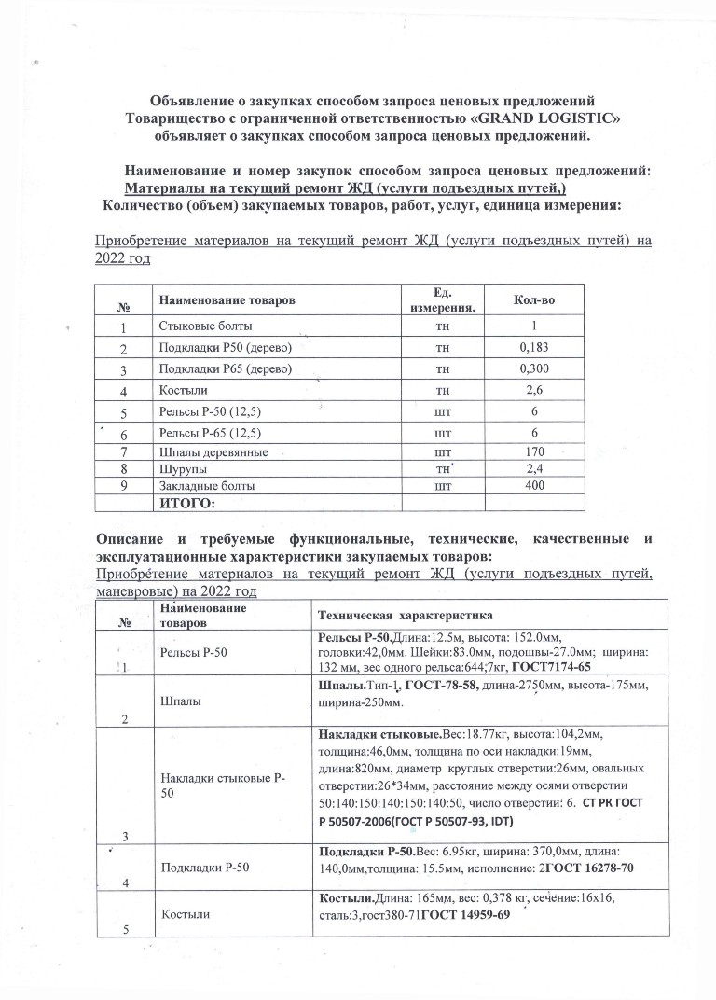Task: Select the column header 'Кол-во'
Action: (533, 299)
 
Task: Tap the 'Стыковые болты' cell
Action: (205, 326)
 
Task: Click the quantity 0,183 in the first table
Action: (533, 348)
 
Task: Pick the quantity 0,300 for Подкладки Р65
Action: (533, 368)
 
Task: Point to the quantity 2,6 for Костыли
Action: (533, 389)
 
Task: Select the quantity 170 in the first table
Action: (534, 452)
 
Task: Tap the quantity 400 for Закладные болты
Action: (534, 486)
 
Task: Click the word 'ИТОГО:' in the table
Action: (188, 504)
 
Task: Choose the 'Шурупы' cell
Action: (182, 469)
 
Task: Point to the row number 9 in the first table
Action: (123, 486)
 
